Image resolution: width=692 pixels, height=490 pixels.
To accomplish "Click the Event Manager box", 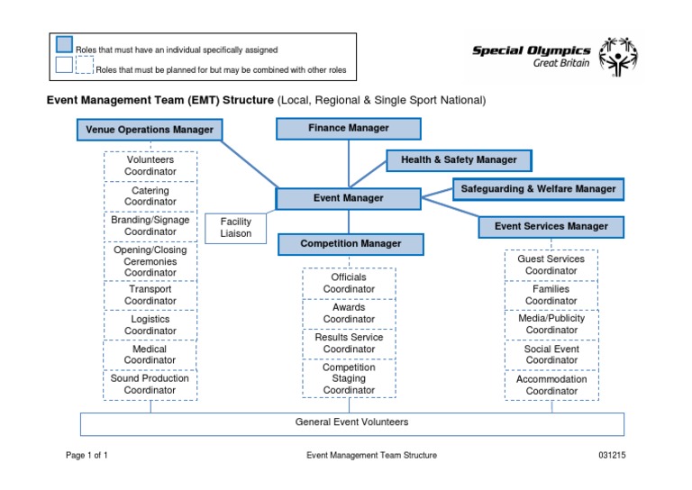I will pyautogui.click(x=349, y=198).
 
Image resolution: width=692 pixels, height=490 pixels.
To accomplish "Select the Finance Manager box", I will pyautogui.click(x=349, y=129).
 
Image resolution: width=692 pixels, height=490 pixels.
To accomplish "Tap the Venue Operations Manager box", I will pyautogui.click(x=150, y=130).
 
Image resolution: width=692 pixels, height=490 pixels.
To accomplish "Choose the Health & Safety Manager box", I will pyautogui.click(x=459, y=160).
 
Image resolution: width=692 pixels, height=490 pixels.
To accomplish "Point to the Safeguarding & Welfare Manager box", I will pyautogui.click(x=538, y=189).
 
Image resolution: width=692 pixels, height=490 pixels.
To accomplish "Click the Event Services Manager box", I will pyautogui.click(x=551, y=226).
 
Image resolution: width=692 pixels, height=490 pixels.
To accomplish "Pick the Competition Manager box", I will pyautogui.click(x=351, y=243).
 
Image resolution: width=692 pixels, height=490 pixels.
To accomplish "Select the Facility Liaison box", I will pyautogui.click(x=236, y=227).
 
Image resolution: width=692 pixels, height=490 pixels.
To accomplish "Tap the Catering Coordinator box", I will pyautogui.click(x=150, y=196).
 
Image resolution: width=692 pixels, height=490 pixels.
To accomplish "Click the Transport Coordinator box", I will pyautogui.click(x=150, y=295).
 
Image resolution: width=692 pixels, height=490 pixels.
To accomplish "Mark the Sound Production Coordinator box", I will pyautogui.click(x=150, y=385).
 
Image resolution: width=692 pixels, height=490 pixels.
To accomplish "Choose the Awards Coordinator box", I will pyautogui.click(x=349, y=313).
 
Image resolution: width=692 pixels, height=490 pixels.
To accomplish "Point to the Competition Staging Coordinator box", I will pyautogui.click(x=349, y=378).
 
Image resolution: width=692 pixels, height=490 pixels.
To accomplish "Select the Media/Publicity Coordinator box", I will pyautogui.click(x=551, y=324).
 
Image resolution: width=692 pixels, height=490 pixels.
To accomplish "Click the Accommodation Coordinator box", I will pyautogui.click(x=551, y=386).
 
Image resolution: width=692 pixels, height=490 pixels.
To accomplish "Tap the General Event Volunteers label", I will pyautogui.click(x=351, y=422).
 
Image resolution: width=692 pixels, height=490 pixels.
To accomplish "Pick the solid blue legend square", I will pyautogui.click(x=64, y=44).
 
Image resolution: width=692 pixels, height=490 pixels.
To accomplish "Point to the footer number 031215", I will pyautogui.click(x=612, y=456).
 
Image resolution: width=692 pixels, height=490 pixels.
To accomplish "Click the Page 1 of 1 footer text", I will pyautogui.click(x=87, y=456).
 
